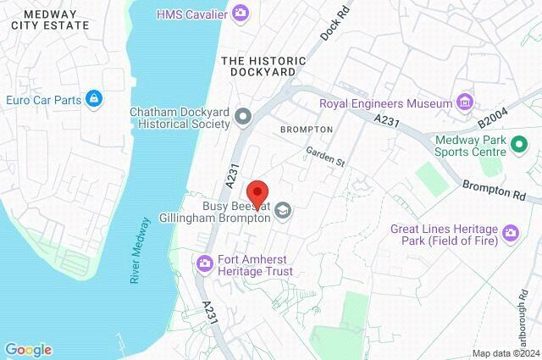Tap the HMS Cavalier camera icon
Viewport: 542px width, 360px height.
(x=241, y=13)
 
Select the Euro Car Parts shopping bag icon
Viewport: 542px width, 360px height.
(x=94, y=100)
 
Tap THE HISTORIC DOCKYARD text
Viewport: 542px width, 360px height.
(x=257, y=66)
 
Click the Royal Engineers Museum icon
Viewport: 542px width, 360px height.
(x=463, y=103)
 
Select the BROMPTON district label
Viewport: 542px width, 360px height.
(x=306, y=129)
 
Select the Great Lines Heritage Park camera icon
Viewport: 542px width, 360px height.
(x=510, y=231)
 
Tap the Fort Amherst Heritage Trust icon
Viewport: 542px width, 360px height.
(x=204, y=264)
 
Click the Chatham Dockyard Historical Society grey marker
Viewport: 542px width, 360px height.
(x=244, y=116)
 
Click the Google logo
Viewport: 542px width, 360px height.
(x=28, y=349)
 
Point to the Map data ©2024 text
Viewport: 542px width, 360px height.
(x=505, y=352)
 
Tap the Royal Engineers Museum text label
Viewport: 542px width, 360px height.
(x=385, y=104)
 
